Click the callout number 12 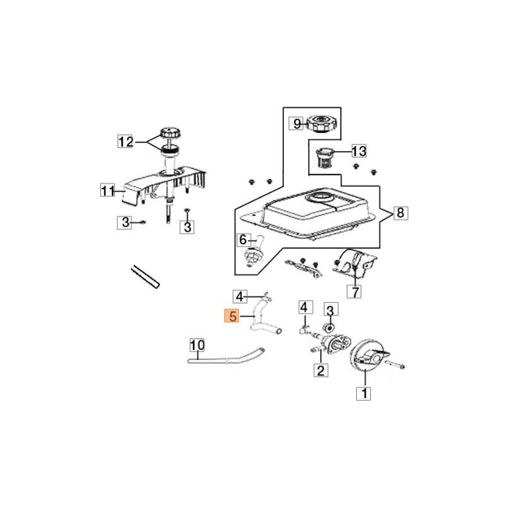click(126, 142)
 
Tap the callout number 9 click(297, 124)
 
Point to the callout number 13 click(359, 151)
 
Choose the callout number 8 click(399, 213)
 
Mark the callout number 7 click(354, 291)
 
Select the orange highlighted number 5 click(232, 316)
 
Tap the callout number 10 click(197, 345)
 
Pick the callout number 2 click(320, 371)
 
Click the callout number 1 click(364, 394)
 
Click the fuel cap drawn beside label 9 click(323, 123)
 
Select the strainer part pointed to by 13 click(324, 157)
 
